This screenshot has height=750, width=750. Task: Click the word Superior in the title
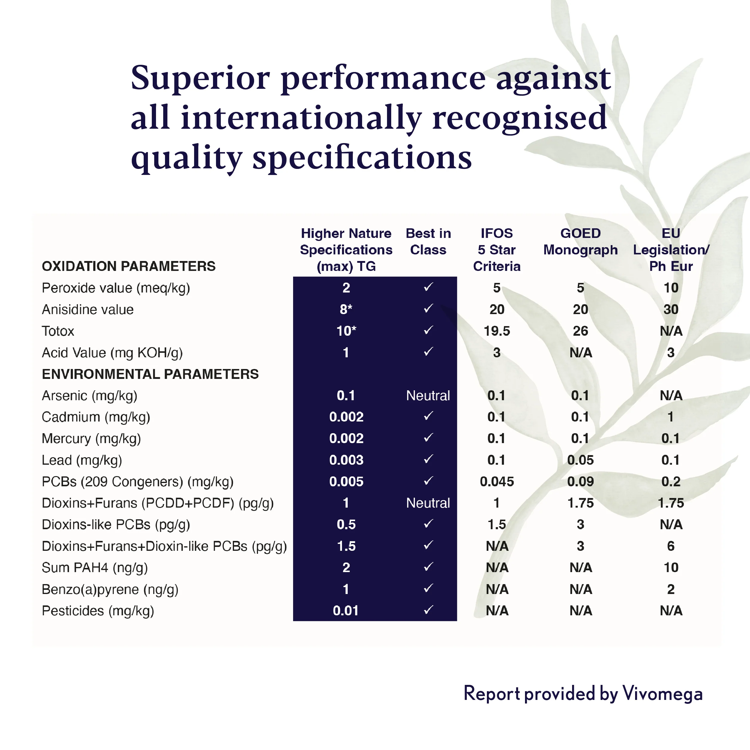click(x=200, y=78)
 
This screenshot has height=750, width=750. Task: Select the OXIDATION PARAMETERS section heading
click(x=128, y=266)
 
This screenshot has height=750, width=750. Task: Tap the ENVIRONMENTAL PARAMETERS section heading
click(x=150, y=374)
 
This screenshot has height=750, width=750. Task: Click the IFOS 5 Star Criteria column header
click(x=496, y=250)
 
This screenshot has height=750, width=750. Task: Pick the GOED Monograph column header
click(x=580, y=241)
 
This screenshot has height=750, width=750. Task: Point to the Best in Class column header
click(x=428, y=241)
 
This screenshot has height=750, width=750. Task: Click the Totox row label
click(x=58, y=331)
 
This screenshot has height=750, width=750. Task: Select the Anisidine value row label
click(x=88, y=309)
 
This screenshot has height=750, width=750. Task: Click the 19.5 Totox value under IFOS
click(x=496, y=331)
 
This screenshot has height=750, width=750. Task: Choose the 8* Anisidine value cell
click(x=346, y=309)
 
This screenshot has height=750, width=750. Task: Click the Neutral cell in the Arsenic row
click(x=428, y=396)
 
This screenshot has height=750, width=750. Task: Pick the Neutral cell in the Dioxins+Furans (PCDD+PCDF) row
click(x=428, y=503)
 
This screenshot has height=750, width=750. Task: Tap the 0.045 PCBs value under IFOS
click(x=496, y=482)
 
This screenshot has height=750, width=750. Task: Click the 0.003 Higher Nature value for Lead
click(x=346, y=460)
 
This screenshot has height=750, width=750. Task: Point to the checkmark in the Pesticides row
click(x=428, y=610)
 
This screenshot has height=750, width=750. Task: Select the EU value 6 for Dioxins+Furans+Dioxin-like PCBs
click(x=671, y=546)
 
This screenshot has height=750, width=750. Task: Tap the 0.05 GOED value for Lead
click(x=580, y=460)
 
